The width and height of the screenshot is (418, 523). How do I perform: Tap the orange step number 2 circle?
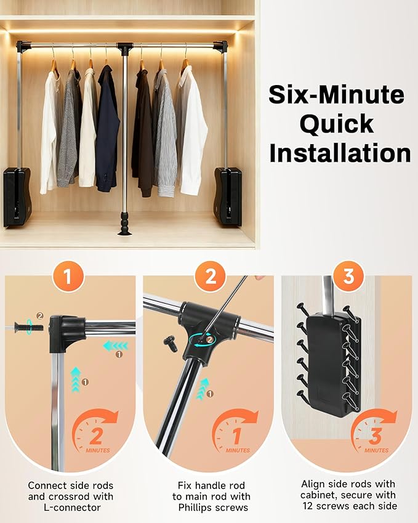pyautogui.click(x=211, y=278)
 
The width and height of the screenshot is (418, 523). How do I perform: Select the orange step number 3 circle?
pyautogui.click(x=348, y=278)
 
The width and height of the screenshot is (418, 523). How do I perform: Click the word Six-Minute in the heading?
pyautogui.click(x=337, y=95)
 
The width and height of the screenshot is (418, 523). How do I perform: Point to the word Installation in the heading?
pyautogui.click(x=340, y=152)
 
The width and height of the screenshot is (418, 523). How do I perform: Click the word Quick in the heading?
pyautogui.click(x=337, y=124)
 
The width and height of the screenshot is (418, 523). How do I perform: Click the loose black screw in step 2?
pyautogui.click(x=171, y=344)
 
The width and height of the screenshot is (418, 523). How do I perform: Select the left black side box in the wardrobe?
pyautogui.click(x=16, y=196)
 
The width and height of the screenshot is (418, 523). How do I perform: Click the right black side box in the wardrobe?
pyautogui.click(x=228, y=196)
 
